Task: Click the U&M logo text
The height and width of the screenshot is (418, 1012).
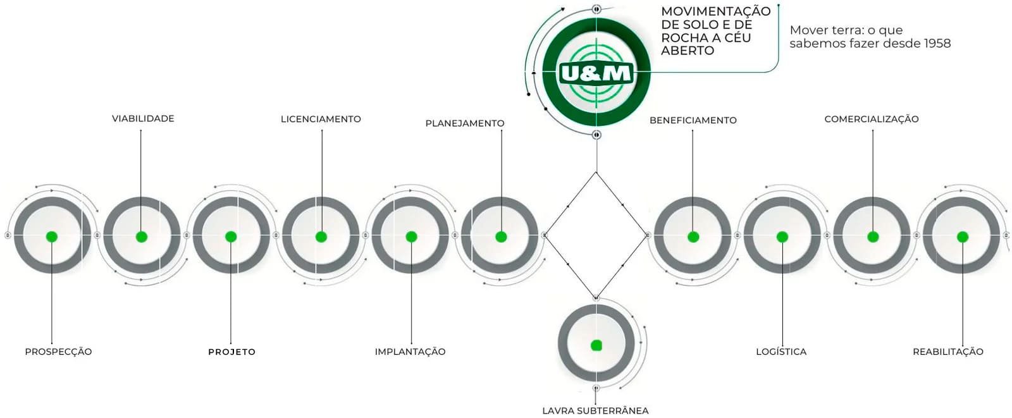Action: (596, 74)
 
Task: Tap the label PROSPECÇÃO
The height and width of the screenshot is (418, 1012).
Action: (58, 352)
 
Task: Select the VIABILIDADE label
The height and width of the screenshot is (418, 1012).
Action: (143, 118)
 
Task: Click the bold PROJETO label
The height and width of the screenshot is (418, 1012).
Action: (231, 352)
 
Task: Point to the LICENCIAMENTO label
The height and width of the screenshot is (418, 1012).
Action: (321, 119)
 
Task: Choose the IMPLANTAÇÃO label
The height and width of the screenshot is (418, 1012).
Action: (410, 352)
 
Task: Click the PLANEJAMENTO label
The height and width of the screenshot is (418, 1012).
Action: (465, 123)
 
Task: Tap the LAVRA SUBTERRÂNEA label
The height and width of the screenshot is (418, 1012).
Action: (595, 410)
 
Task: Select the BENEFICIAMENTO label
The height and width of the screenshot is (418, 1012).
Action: (693, 120)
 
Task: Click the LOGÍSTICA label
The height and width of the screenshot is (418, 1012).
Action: (781, 352)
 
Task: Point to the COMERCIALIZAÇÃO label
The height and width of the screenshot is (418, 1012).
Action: (871, 119)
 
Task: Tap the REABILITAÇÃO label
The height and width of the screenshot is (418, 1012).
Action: (947, 352)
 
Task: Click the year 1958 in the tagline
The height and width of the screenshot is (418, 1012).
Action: (937, 44)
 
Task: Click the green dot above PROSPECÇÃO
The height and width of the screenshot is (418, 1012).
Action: (52, 237)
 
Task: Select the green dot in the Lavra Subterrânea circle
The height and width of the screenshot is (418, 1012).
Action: (596, 345)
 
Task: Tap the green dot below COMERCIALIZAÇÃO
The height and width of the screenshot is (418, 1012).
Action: (873, 237)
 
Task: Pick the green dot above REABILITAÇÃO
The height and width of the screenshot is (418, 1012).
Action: (963, 237)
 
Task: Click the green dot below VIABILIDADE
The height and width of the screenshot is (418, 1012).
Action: (142, 237)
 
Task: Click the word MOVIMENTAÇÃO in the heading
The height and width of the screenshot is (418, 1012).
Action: (715, 11)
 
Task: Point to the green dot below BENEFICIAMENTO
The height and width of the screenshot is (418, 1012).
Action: (693, 237)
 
